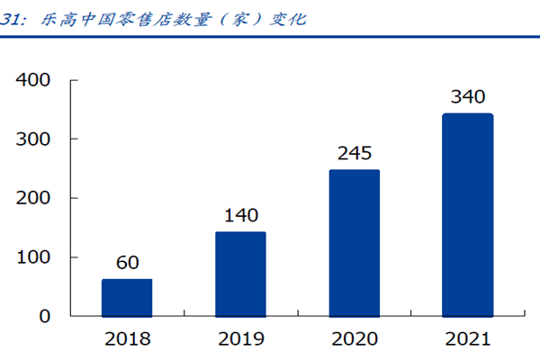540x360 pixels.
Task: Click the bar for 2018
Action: [x=127, y=298]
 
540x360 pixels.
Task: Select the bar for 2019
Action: [x=240, y=274]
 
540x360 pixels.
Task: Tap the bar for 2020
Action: [x=355, y=243]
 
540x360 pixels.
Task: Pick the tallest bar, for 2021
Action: [x=468, y=215]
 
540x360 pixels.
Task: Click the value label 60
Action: [x=127, y=263]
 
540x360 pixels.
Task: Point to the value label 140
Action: [x=240, y=216]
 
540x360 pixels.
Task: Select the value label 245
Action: [x=355, y=153]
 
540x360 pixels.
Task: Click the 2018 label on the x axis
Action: [x=127, y=339]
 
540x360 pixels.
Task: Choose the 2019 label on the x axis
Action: [x=240, y=339]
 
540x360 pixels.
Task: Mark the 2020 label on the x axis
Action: [x=355, y=339]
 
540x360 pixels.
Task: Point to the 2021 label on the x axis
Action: [x=468, y=339]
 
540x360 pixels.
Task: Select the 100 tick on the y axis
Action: [x=37, y=257]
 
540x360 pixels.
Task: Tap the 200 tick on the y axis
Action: [x=37, y=198]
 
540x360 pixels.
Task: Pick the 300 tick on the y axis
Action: [x=37, y=139]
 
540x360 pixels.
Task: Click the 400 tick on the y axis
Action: [x=37, y=80]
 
